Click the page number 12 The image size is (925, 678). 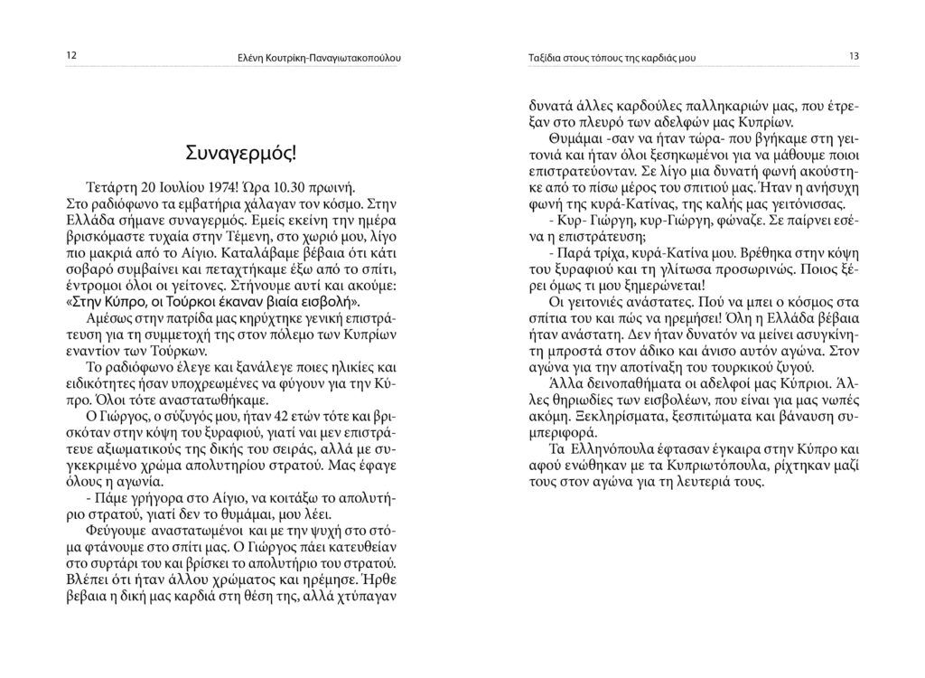(72, 56)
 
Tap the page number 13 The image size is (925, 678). (853, 56)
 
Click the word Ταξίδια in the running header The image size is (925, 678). (545, 58)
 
